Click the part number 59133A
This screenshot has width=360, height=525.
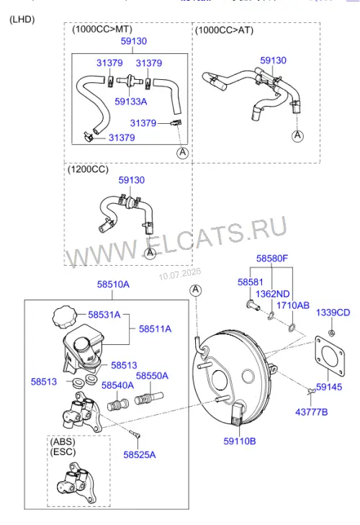[x=130, y=102]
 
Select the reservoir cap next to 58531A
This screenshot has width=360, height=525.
[x=65, y=316]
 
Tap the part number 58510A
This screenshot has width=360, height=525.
[x=113, y=284]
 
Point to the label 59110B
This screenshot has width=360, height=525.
[x=240, y=441]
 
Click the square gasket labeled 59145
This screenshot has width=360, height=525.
[x=330, y=356]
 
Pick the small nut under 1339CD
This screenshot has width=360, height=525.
[x=332, y=333]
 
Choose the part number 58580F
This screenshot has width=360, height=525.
[x=272, y=258]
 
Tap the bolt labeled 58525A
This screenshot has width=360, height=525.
[x=135, y=434]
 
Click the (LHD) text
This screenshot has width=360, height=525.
[x=22, y=19]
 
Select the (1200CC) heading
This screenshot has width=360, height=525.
[x=88, y=169]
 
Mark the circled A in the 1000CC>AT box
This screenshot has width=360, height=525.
[x=297, y=135]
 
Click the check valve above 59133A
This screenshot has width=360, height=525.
[x=130, y=81]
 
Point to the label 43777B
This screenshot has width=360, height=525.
[x=312, y=412]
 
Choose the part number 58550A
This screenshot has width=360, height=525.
[x=152, y=376]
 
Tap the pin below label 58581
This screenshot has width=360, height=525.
[x=253, y=305]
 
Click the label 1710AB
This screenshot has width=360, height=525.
[x=293, y=305]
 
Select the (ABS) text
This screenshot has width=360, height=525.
[x=63, y=441]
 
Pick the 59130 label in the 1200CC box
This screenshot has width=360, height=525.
[x=132, y=180]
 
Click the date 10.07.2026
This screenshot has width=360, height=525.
[x=180, y=274]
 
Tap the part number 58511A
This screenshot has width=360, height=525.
[x=155, y=329]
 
